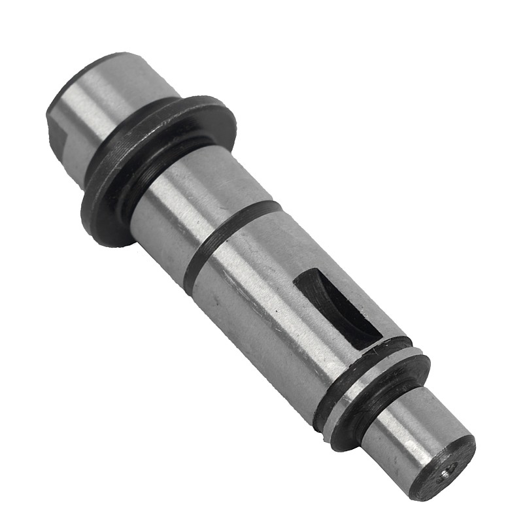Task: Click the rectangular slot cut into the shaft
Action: [337, 307]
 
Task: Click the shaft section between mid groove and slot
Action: [261, 288]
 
